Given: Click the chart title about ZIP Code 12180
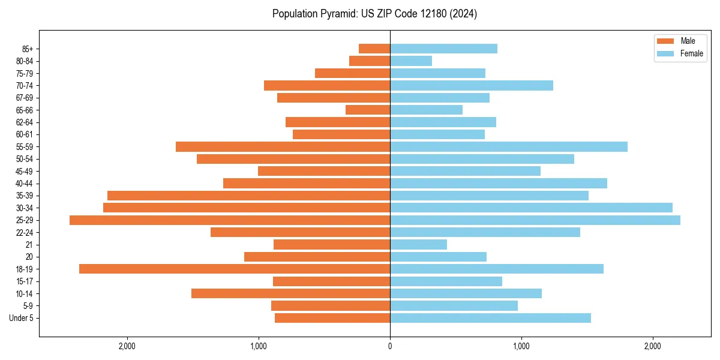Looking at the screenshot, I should [x=374, y=14].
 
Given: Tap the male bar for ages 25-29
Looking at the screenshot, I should [x=230, y=220].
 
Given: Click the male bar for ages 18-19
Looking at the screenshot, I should [x=235, y=269].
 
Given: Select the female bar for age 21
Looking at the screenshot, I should [x=418, y=245].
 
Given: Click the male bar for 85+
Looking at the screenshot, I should [x=374, y=49].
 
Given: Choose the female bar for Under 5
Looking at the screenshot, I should [x=490, y=318].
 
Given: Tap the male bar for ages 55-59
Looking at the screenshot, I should [x=283, y=147].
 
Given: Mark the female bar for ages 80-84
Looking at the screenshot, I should [x=411, y=61].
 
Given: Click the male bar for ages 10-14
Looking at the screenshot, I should [x=290, y=293].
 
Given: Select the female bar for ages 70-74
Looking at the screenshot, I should [x=472, y=86].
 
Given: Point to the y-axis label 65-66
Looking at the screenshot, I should [x=25, y=110].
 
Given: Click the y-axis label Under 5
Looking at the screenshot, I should [x=22, y=318].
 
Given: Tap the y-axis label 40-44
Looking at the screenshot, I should [x=25, y=184].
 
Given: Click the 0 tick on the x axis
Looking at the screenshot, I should [x=390, y=346].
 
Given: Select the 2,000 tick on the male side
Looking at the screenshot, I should [x=127, y=346].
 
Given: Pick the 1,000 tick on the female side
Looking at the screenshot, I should [x=521, y=346].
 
